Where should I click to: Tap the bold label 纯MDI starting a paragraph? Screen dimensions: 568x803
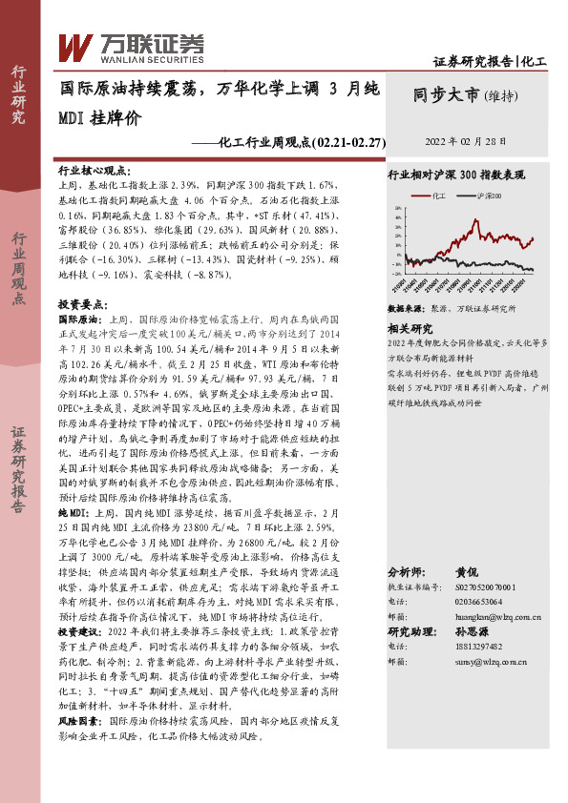(75, 511)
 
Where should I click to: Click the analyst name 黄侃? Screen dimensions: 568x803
(466, 573)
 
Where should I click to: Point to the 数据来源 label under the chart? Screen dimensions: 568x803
(409, 310)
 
